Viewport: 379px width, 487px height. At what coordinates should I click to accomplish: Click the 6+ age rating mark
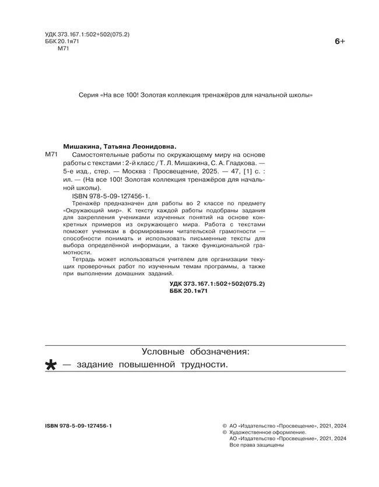point(340,41)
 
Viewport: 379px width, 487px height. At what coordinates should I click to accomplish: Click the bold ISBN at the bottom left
point(78,426)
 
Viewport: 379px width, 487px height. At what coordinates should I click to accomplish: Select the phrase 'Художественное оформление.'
point(268,433)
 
